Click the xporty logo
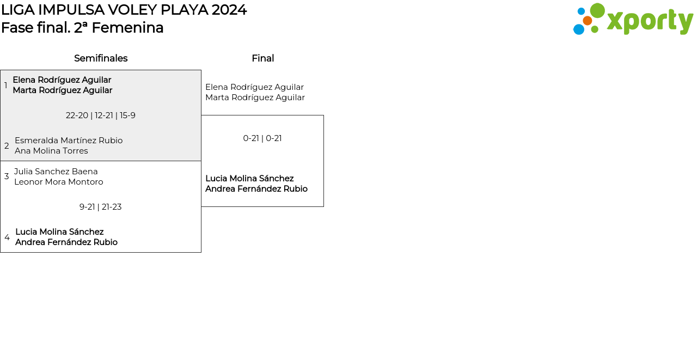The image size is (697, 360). [633, 20]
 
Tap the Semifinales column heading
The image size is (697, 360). [101, 58]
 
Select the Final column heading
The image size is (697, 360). [262, 58]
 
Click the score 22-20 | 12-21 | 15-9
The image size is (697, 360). [101, 115]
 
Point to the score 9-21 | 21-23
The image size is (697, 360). [101, 207]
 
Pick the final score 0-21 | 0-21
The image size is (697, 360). [262, 138]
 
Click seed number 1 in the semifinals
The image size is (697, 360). [6, 86]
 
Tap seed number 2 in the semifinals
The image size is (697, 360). [7, 146]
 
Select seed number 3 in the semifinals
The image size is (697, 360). [7, 176]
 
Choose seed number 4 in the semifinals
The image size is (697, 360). [7, 237]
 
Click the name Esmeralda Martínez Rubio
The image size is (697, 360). [69, 141]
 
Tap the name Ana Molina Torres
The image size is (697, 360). [51, 151]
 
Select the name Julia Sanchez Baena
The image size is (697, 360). [56, 172]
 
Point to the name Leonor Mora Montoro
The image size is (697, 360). [59, 182]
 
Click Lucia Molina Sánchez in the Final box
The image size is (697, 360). [249, 179]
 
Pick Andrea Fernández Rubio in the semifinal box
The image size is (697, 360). [66, 242]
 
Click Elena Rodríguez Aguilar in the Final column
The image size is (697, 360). [254, 87]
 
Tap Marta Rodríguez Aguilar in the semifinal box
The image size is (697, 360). [63, 90]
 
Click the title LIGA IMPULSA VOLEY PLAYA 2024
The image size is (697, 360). [124, 10]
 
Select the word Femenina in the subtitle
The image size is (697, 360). [127, 28]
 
